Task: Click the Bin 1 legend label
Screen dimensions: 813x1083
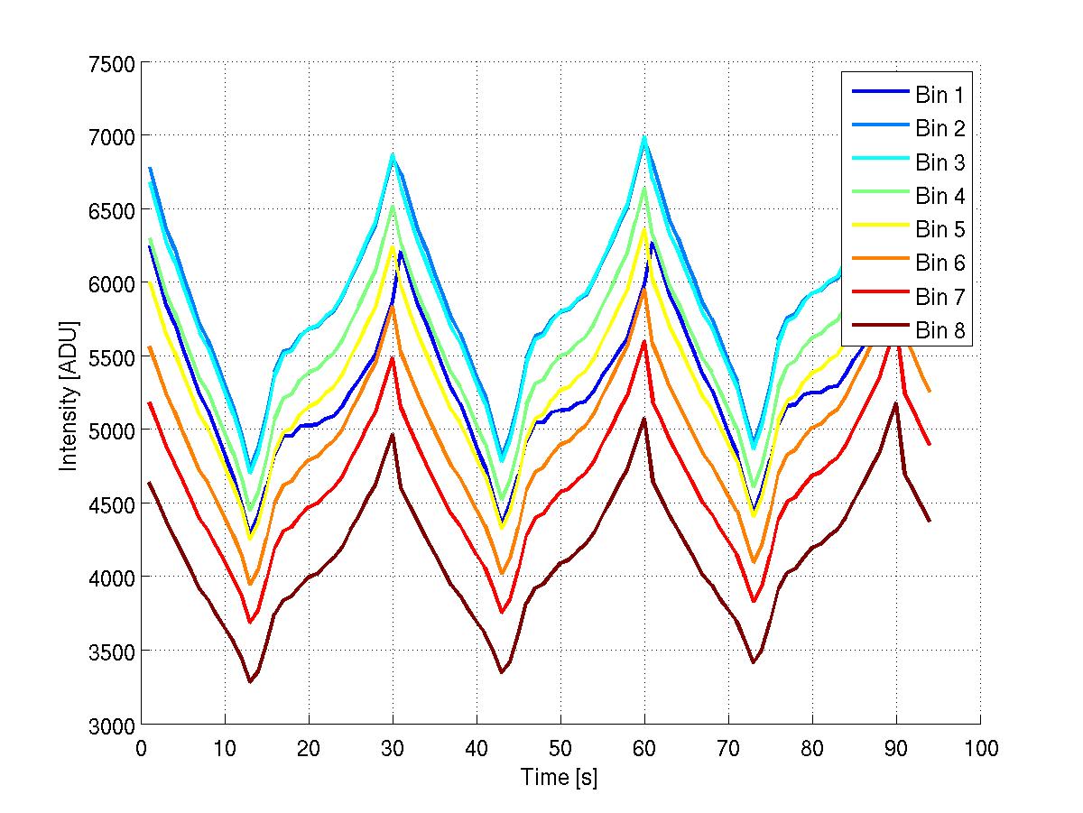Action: tap(939, 95)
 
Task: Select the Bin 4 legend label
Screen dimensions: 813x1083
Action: tap(939, 196)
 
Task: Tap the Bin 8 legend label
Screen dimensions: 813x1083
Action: tap(939, 331)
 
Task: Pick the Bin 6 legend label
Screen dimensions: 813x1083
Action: tap(939, 263)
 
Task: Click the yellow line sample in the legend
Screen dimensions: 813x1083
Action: tap(879, 230)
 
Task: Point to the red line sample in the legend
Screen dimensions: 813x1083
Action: tap(879, 298)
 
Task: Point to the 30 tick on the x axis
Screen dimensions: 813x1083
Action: tap(393, 748)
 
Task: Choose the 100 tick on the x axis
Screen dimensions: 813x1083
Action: tap(980, 748)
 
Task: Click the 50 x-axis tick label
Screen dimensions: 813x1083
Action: tap(560, 748)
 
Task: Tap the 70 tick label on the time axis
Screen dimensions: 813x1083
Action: tap(728, 748)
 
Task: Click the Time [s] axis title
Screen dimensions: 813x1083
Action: tap(560, 777)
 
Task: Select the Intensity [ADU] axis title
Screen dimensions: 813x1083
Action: tap(68, 394)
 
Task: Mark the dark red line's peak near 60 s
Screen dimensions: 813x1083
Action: tap(644, 419)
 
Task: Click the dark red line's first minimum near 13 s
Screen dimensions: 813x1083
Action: tap(250, 681)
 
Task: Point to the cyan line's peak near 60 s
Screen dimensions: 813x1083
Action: tap(644, 138)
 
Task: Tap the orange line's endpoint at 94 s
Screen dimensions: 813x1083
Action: tap(930, 392)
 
